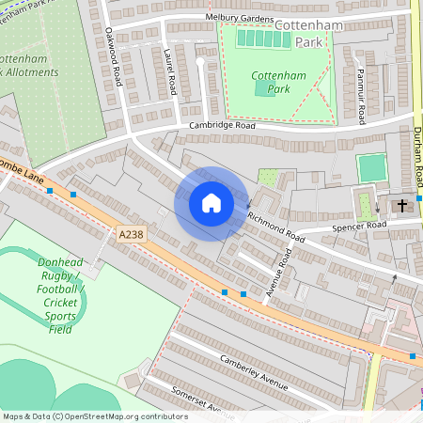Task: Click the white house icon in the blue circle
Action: [x=211, y=203]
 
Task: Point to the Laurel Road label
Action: [x=170, y=71]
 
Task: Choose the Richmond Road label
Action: [x=276, y=226]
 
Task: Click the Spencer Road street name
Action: [x=357, y=227]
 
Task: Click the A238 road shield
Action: [x=133, y=234]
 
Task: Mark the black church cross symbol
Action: [x=402, y=205]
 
